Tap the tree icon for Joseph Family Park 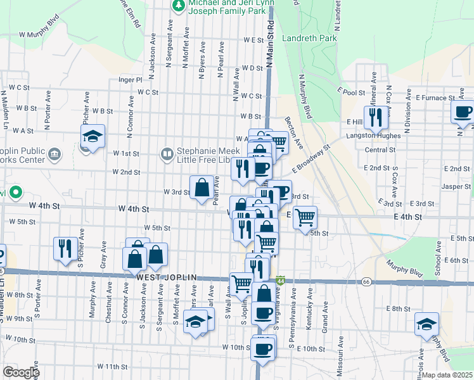178,5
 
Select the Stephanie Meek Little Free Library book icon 167,153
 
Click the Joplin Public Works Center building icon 54,153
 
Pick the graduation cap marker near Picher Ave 93,137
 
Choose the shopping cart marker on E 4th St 305,217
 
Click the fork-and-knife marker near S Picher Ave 65,248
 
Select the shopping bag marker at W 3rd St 202,187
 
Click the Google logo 21,372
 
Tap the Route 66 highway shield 366,281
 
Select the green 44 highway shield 281,279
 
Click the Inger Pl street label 131,80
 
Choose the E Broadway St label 311,161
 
